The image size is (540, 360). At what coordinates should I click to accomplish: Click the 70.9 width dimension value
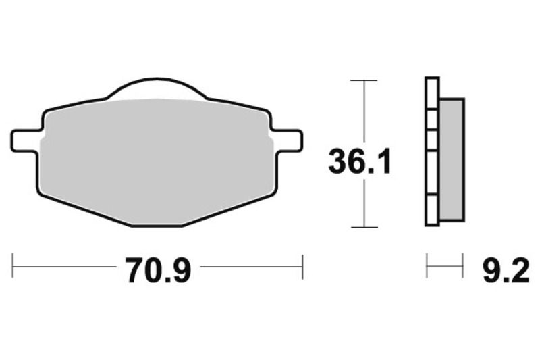click(x=158, y=271)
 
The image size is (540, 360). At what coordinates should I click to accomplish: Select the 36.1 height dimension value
click(x=359, y=163)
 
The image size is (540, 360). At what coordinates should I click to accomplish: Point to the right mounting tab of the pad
click(x=289, y=140)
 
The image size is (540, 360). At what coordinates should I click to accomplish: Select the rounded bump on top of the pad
click(x=156, y=89)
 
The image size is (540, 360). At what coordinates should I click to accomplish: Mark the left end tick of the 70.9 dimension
click(x=13, y=266)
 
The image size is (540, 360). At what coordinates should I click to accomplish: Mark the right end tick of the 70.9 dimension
click(x=302, y=266)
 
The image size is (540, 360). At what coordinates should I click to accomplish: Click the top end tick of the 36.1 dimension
click(x=364, y=81)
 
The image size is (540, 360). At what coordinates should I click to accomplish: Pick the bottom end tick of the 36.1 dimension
click(x=364, y=227)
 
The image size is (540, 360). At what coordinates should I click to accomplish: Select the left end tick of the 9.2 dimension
click(x=427, y=266)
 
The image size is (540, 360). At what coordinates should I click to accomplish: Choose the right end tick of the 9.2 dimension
click(x=463, y=266)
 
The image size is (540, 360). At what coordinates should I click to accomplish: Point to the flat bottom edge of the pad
click(x=157, y=226)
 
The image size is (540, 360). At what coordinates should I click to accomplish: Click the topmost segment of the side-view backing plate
click(x=432, y=92)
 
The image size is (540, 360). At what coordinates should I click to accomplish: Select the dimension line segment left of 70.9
click(x=64, y=266)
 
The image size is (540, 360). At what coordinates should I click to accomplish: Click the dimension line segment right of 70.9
click(x=251, y=266)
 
